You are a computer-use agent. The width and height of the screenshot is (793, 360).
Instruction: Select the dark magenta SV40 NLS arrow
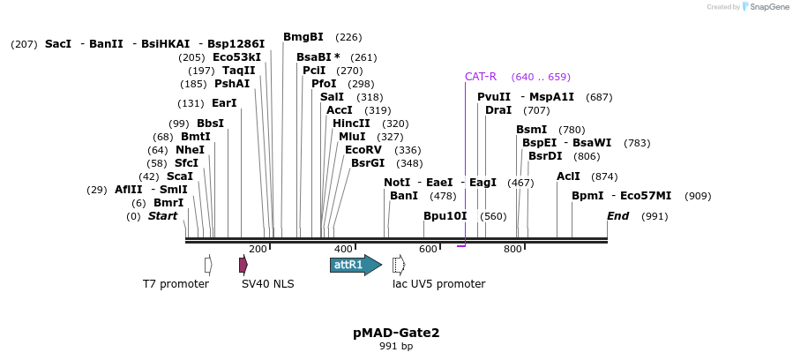coord(243,265)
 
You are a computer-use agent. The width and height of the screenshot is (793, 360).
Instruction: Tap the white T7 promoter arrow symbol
coord(208,265)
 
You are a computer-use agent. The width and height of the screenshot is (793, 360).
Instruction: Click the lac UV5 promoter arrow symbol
coord(399,265)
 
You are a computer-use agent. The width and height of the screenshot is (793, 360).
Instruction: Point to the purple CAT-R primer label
coord(481,77)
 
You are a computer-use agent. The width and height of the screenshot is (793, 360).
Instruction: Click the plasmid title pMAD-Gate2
coord(396,333)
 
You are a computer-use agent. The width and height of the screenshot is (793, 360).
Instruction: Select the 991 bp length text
coord(396,347)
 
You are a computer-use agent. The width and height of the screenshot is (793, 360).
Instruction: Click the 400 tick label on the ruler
coord(343,250)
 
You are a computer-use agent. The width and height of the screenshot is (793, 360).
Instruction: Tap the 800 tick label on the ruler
coord(512,250)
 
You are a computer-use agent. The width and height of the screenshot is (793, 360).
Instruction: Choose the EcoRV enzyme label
coord(363,150)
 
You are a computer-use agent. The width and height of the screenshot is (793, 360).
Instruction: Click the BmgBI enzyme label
coord(303,37)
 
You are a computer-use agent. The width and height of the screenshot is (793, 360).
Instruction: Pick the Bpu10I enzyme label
coord(445,216)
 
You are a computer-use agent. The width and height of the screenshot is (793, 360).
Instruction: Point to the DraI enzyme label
coord(498,110)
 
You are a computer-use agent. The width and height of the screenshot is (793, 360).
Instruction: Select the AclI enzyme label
coord(568,176)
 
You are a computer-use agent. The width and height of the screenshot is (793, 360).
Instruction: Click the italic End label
coord(617,216)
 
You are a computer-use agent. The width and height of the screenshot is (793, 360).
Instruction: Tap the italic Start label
coord(162,216)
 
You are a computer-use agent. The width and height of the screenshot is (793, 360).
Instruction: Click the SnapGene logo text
coord(770,7)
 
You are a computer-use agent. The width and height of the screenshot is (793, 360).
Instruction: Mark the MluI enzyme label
coord(352,137)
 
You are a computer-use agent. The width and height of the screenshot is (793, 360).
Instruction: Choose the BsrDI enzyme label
coord(545,156)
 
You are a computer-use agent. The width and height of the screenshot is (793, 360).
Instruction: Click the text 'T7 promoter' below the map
coord(176,284)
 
